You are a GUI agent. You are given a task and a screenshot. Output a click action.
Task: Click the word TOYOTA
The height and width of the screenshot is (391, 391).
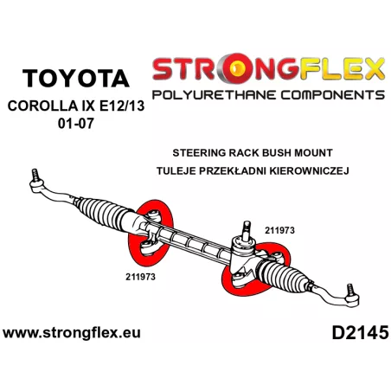(76, 78)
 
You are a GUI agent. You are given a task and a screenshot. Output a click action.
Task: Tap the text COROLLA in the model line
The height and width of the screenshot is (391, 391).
(42, 106)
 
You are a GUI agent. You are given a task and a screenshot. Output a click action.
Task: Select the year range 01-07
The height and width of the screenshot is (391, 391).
(76, 124)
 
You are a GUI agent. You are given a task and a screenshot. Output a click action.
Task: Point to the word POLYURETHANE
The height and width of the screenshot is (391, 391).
(215, 95)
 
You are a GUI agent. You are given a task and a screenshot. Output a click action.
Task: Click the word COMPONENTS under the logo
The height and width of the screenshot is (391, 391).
(333, 95)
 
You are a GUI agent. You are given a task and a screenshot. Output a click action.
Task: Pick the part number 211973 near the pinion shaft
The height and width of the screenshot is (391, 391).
(279, 230)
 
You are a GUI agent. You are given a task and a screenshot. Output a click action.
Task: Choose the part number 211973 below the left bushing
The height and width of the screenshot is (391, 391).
(140, 277)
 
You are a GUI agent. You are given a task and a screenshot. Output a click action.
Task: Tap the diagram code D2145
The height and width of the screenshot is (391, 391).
(361, 333)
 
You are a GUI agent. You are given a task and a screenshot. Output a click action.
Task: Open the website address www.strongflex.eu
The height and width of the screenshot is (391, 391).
(72, 333)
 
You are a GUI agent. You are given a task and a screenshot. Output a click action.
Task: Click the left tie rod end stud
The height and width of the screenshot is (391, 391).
(35, 175)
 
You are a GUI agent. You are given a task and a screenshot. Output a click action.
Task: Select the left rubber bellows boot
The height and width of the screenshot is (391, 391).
(105, 213)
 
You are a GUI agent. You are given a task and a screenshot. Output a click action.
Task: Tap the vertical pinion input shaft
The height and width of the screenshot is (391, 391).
(247, 231)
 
